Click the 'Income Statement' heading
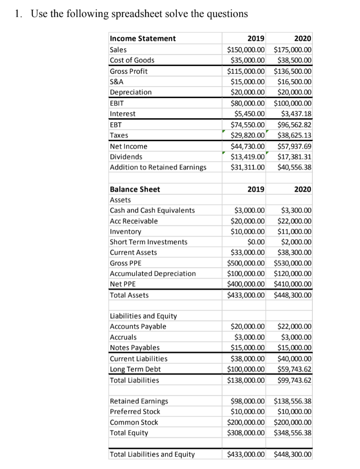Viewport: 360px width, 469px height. click(x=142, y=38)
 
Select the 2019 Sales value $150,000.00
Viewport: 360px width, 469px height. click(x=246, y=49)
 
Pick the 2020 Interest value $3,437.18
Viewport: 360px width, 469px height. click(x=295, y=114)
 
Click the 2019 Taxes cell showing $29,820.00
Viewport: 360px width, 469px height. click(x=248, y=135)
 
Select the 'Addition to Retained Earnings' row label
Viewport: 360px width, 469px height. click(x=158, y=167)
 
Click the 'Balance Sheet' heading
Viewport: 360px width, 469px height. click(x=135, y=189)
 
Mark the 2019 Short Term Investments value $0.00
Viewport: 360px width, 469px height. click(x=256, y=242)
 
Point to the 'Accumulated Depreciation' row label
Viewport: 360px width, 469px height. click(x=153, y=273)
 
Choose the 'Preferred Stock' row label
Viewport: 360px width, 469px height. click(x=135, y=411)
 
